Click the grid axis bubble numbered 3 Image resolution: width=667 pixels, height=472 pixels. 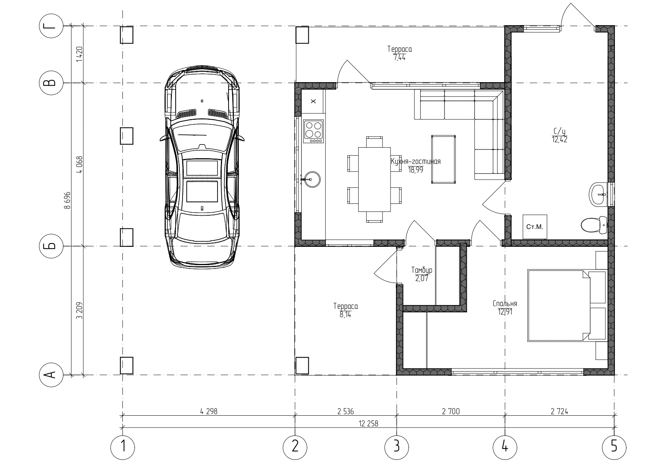coord(397,447)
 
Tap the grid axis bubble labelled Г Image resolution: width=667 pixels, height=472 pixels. coord(52,26)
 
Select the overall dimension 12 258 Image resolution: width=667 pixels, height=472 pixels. coord(368,423)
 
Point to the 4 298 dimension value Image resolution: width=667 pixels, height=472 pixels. coord(208,411)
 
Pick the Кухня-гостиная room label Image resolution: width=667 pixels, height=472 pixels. coord(416,161)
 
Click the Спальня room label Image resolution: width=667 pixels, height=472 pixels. coord(505,304)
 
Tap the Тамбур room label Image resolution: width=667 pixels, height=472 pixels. coord(422,270)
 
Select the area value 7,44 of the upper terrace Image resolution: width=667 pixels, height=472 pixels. coord(399,57)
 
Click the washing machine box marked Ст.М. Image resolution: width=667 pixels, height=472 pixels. coord(535,227)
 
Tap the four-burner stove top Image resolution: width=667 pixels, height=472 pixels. coord(314,131)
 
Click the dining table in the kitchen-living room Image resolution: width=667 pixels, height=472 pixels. coord(375,180)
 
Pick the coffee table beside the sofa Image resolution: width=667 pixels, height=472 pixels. coord(443,159)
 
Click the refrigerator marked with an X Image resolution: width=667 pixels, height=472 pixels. coord(313,101)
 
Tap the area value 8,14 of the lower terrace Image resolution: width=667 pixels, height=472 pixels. coord(346,315)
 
